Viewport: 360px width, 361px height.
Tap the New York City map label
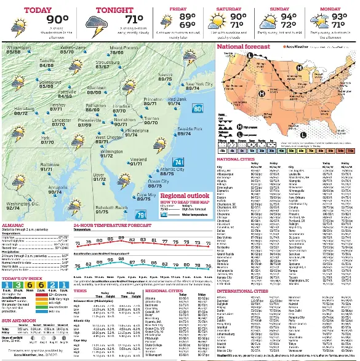point(199,85)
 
